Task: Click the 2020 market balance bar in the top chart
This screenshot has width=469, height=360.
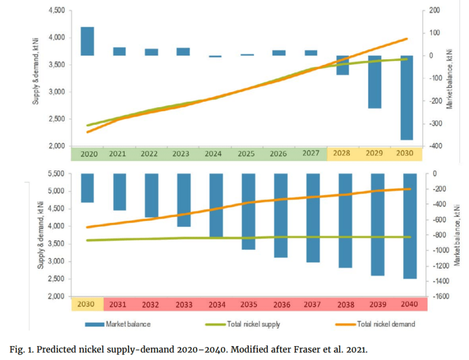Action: pyautogui.click(x=87, y=41)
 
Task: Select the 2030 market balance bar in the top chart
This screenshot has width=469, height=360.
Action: pyautogui.click(x=407, y=98)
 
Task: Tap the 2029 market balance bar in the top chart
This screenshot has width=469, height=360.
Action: pyautogui.click(x=375, y=82)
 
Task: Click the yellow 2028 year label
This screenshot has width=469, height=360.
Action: pyautogui.click(x=342, y=153)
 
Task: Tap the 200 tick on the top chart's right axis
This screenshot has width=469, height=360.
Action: pyautogui.click(x=435, y=11)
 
